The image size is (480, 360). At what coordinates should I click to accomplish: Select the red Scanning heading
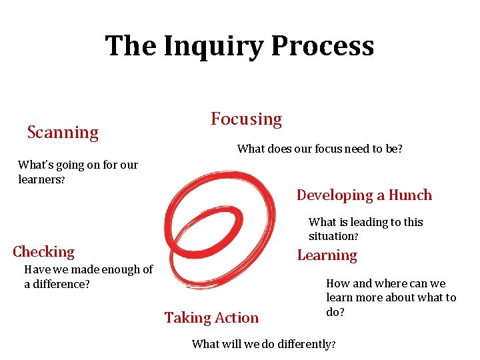click(x=63, y=133)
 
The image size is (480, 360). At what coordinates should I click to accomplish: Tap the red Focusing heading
click(x=246, y=119)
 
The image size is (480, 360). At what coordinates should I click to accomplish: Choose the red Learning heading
click(x=327, y=255)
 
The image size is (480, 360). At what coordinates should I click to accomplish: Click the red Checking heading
click(x=43, y=252)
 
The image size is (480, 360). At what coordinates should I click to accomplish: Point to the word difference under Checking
click(x=61, y=284)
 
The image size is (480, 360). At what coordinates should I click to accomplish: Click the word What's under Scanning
click(x=33, y=165)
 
